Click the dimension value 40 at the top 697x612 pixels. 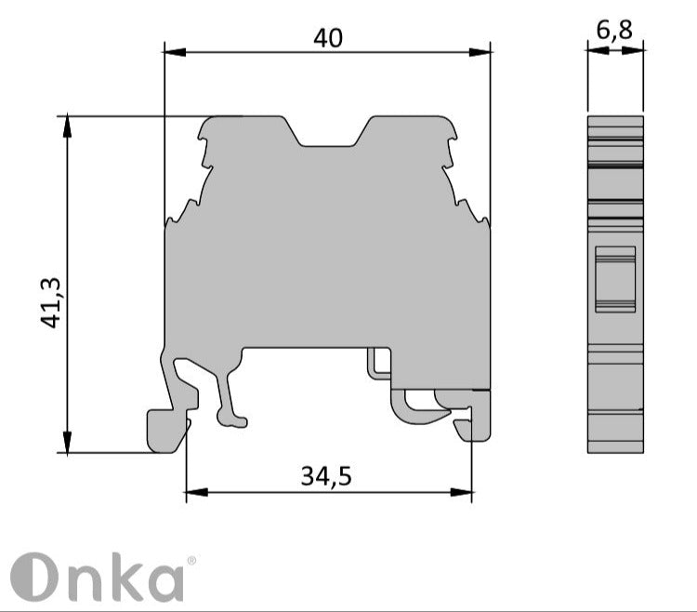click(x=327, y=37)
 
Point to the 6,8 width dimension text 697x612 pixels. click(x=614, y=31)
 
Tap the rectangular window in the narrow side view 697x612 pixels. click(x=614, y=277)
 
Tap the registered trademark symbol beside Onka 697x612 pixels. click(x=191, y=562)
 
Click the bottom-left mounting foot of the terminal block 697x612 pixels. click(x=167, y=430)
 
